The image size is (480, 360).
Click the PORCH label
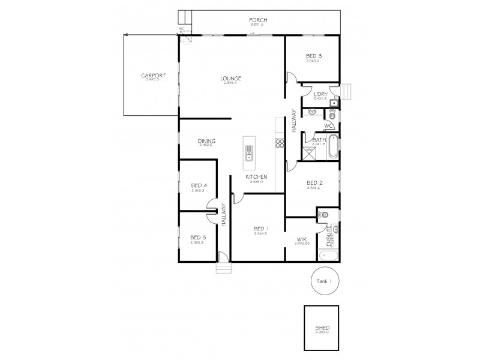click(259, 20)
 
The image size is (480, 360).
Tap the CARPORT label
click(153, 76)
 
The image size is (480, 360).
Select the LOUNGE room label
click(230, 79)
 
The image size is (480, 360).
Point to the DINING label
click(206, 142)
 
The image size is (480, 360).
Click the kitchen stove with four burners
click(279, 143)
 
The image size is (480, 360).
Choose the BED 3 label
click(313, 55)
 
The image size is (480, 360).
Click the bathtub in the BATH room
click(333, 147)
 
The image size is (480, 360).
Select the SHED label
click(322, 328)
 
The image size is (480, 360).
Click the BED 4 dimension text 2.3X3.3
click(199, 190)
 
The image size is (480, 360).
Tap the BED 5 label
click(198, 236)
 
